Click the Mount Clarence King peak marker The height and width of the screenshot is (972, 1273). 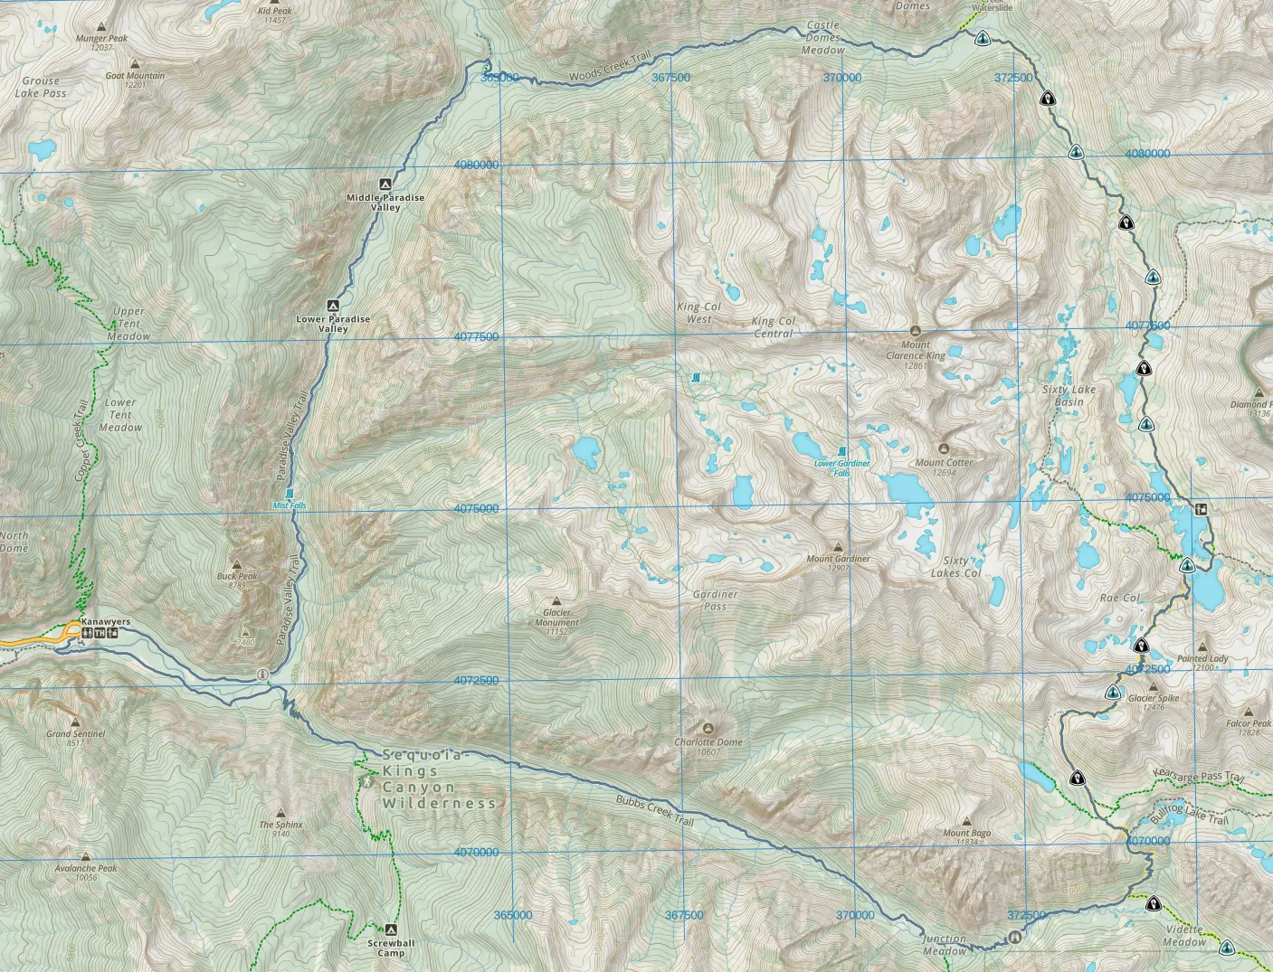915,331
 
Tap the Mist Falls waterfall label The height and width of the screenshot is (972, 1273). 290,505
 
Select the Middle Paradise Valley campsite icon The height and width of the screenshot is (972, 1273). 385,183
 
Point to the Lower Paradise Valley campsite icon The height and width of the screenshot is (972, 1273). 333,305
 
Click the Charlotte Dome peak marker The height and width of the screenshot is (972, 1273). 708,728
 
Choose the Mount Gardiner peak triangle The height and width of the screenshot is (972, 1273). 838,547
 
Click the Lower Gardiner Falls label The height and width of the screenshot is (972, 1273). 841,467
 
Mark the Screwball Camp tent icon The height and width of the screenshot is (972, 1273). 391,930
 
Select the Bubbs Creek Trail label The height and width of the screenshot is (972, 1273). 654,810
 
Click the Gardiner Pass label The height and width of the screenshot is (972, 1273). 715,600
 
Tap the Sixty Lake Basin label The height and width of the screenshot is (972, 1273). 1069,395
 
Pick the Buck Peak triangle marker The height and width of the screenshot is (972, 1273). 237,564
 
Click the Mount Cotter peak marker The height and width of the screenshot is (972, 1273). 944,448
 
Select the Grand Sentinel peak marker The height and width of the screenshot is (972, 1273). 76,722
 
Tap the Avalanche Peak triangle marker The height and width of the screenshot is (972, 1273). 86,856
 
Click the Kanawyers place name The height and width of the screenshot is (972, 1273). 106,621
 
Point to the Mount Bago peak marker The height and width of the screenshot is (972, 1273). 966,822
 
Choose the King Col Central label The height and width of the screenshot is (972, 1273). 774,326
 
